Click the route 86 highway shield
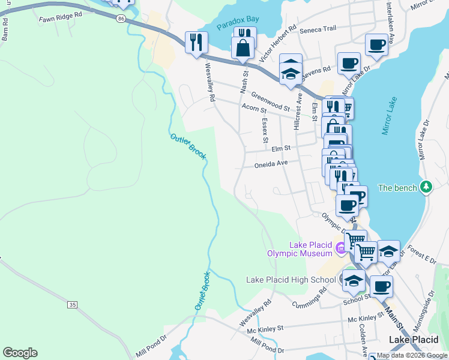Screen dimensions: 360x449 (x=122, y=19)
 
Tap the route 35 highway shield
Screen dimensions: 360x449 (x=73, y=305)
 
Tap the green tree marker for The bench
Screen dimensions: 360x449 (x=426, y=187)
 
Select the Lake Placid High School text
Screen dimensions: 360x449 (x=291, y=280)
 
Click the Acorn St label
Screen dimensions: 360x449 (x=253, y=109)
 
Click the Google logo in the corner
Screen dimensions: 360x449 (x=20, y=353)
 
